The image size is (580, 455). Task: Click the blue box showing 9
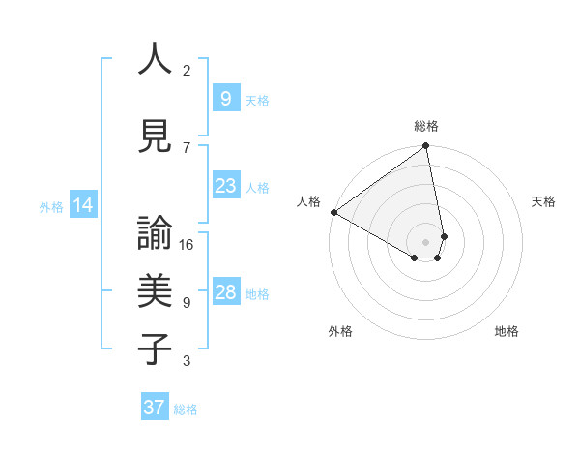click(x=225, y=98)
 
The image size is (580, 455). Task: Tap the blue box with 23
click(x=225, y=186)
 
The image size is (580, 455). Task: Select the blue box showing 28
click(x=225, y=292)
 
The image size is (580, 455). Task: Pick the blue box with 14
click(x=82, y=205)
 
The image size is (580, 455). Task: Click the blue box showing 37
click(x=154, y=408)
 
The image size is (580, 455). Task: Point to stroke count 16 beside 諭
click(x=188, y=245)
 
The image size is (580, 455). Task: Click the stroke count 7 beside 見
click(x=188, y=147)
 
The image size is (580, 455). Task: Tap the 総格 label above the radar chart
click(x=426, y=126)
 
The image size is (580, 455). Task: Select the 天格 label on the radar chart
click(x=543, y=201)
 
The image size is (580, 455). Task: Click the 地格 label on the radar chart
click(x=507, y=332)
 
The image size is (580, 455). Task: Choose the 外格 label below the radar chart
click(x=340, y=332)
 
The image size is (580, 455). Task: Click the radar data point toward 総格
click(x=425, y=147)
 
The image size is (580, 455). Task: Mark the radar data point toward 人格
click(x=333, y=211)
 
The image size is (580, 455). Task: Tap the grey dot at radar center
click(x=425, y=242)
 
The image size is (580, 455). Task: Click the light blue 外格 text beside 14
click(x=50, y=206)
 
